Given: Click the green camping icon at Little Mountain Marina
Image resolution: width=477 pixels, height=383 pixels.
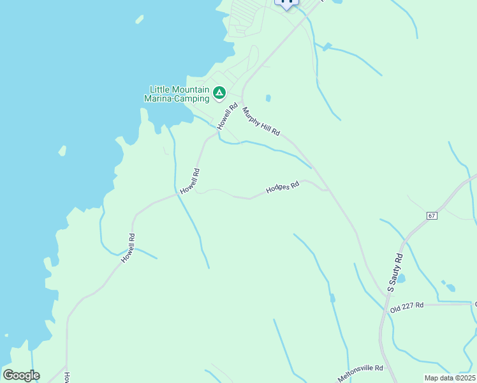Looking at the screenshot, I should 219,94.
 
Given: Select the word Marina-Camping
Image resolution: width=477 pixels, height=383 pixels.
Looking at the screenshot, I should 177,99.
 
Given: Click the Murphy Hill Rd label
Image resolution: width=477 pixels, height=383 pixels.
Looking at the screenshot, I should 261,121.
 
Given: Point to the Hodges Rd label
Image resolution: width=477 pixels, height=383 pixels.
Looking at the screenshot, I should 283,188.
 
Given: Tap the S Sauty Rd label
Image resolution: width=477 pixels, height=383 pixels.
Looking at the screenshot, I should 395,273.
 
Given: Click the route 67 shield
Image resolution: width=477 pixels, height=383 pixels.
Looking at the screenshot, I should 432,216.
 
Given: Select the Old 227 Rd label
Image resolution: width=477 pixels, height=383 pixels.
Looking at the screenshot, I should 407,306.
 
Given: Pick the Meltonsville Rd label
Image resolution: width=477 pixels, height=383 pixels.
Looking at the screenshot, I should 360,373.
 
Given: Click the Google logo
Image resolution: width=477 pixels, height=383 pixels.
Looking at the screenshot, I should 21,375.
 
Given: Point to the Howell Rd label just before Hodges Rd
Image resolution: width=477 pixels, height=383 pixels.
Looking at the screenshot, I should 190,181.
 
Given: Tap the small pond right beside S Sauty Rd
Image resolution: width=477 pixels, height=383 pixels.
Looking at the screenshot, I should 400,278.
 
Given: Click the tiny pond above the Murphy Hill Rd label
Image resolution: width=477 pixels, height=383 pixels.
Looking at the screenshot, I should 268,98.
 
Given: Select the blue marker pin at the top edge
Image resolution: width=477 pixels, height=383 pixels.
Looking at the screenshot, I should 286,2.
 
